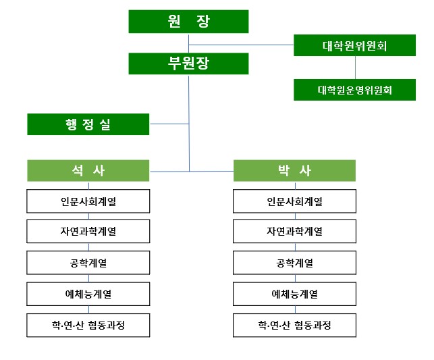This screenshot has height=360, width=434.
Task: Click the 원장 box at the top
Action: point(189,22)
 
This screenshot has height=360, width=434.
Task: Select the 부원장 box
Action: point(189,63)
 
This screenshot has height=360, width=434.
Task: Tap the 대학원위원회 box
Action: point(354,46)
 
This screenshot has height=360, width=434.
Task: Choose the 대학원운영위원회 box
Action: point(354,88)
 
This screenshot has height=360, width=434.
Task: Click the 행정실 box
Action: point(88,124)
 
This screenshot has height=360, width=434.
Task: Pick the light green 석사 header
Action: point(88,170)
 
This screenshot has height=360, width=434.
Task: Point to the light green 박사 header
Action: point(294,170)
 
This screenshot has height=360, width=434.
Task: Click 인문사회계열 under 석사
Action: point(88,201)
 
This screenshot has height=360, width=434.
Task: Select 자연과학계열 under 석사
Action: point(88,232)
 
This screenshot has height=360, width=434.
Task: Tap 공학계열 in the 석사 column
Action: point(88,263)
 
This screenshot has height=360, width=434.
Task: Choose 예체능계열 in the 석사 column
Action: point(88,294)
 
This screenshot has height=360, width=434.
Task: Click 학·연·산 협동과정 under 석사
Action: point(88,325)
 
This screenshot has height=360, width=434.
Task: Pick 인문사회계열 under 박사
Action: point(294,201)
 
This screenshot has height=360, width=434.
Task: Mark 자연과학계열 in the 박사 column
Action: point(294,232)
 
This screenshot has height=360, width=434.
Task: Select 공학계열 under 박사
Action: point(294,263)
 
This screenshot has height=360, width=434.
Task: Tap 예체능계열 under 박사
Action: point(294,294)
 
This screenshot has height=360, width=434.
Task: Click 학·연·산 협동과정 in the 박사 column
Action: point(294,325)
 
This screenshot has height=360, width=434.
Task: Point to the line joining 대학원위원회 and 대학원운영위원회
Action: point(355,68)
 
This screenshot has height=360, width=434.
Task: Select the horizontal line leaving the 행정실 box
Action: point(169,124)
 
